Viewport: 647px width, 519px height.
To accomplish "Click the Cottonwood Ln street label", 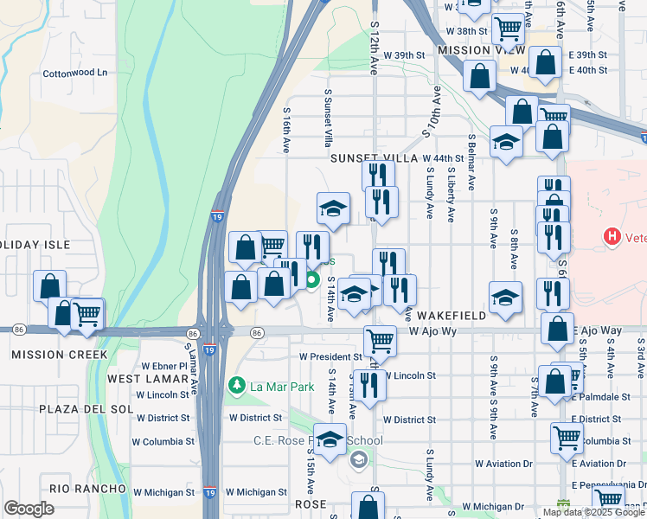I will pos(75,74).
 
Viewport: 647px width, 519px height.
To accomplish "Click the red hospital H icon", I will pos(612,235).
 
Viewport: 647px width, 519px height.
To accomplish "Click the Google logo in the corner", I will pos(29,509).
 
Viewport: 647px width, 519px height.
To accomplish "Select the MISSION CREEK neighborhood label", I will pos(59,355).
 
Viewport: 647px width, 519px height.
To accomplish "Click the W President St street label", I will pos(330,356).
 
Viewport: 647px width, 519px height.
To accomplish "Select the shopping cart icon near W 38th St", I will pos(508,28).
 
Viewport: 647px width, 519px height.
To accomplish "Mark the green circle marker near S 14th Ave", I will pos(312,279).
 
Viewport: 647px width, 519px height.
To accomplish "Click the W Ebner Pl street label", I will pos(159,366).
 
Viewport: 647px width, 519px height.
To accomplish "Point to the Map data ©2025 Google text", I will pos(593,512).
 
